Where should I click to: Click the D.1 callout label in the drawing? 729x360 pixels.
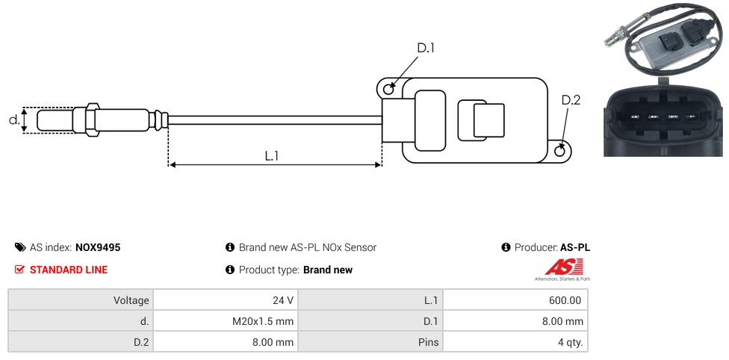point(425,49)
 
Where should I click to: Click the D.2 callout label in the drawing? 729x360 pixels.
point(571,100)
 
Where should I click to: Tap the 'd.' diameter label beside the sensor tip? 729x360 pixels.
point(13,120)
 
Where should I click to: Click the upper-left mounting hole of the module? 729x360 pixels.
point(388,90)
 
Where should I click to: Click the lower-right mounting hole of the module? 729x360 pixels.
point(561,152)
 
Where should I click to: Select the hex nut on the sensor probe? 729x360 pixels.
point(93,120)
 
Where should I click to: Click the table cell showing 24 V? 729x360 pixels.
point(225,300)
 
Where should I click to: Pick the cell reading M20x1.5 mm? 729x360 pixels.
point(225,321)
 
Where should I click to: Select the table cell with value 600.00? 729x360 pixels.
point(515,300)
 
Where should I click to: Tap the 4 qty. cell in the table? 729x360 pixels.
point(515,342)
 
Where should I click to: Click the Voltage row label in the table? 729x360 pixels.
point(81,300)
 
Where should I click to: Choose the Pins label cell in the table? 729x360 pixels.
point(370,342)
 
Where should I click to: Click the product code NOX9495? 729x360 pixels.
point(98,247)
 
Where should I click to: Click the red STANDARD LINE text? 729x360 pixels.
point(69,270)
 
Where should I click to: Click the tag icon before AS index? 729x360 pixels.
point(20,247)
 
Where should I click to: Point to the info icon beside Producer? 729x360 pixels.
point(506,247)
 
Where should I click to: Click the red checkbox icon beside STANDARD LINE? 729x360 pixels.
point(20,270)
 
